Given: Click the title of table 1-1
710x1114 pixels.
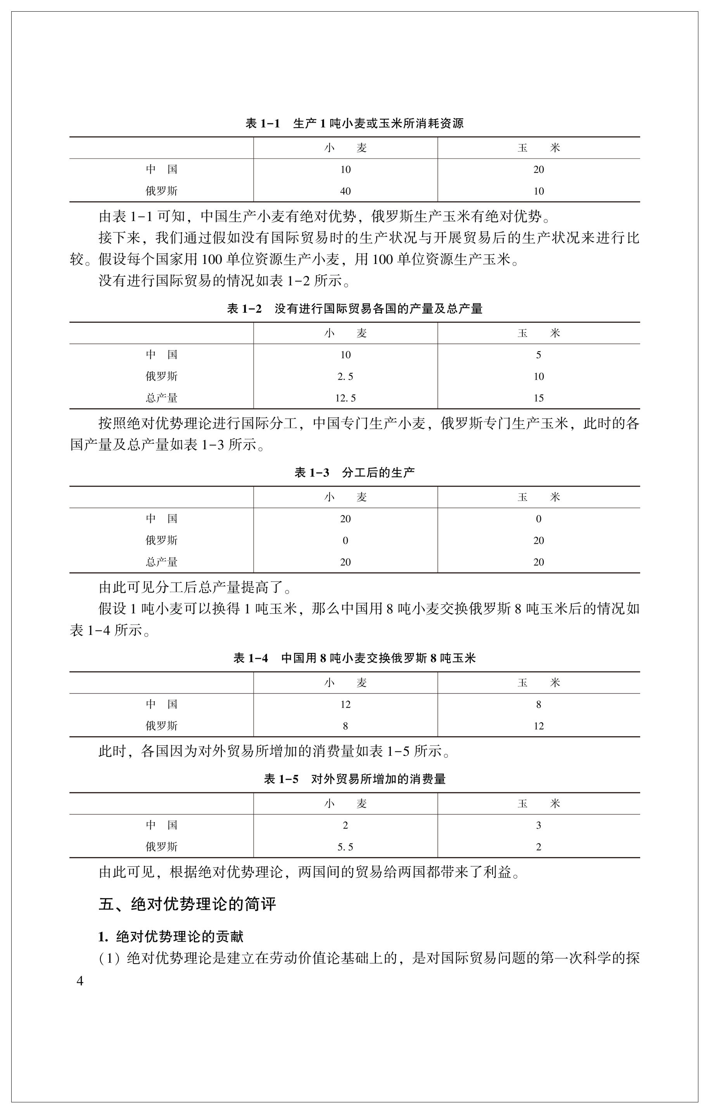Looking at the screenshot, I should pos(354,124).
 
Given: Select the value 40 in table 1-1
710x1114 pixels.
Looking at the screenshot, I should pos(345,191).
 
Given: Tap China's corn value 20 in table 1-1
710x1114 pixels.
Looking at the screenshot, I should pos(538,169).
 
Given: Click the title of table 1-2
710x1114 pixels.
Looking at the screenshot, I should pos(354,309).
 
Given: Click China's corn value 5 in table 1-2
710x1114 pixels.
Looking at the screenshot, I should pos(538,355).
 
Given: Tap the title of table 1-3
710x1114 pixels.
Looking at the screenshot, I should pos(354,473).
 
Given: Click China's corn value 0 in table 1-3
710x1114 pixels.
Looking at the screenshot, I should pos(538,519).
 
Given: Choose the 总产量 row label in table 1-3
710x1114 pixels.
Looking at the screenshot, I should pos(162,562).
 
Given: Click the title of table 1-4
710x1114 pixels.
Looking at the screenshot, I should pos(354,658).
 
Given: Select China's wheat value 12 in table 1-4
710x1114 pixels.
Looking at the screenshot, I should pos(345,705).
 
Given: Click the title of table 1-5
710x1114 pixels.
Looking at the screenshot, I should pos(354,779).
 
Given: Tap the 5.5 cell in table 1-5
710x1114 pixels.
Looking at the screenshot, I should pos(345,847).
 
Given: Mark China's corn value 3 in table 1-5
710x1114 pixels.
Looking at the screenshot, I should pos(538,825).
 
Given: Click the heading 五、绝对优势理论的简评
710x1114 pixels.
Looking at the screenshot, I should pos(187,904).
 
